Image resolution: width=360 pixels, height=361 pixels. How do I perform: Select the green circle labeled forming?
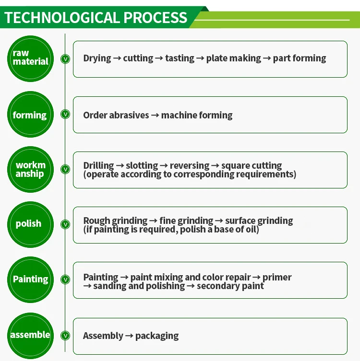(30, 115)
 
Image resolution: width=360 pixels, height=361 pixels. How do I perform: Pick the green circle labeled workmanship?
(31, 170)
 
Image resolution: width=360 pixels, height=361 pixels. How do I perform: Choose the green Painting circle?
(31, 279)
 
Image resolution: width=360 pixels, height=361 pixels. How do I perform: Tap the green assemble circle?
(30, 335)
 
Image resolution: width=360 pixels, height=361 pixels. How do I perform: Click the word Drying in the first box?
(96, 58)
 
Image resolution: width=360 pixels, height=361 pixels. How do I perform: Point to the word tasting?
(180, 58)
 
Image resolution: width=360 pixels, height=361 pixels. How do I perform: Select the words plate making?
(234, 58)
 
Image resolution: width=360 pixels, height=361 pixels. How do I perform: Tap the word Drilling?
(98, 166)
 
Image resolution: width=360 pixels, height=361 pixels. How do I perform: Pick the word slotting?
(142, 166)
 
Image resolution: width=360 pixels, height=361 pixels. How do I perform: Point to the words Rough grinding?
(115, 221)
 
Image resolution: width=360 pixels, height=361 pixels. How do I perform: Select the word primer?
(277, 277)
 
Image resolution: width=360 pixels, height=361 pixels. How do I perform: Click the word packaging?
(157, 336)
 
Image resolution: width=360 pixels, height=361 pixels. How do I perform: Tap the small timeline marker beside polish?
(65, 224)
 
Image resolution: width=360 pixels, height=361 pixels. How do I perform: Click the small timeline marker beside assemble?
(65, 335)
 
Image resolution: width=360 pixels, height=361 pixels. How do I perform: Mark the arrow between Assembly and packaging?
(129, 336)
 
